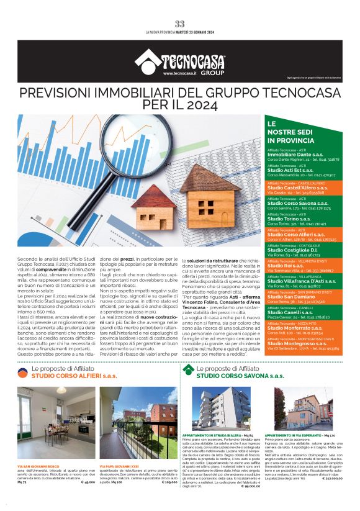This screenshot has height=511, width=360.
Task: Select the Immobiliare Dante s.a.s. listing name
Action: (291, 153)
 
